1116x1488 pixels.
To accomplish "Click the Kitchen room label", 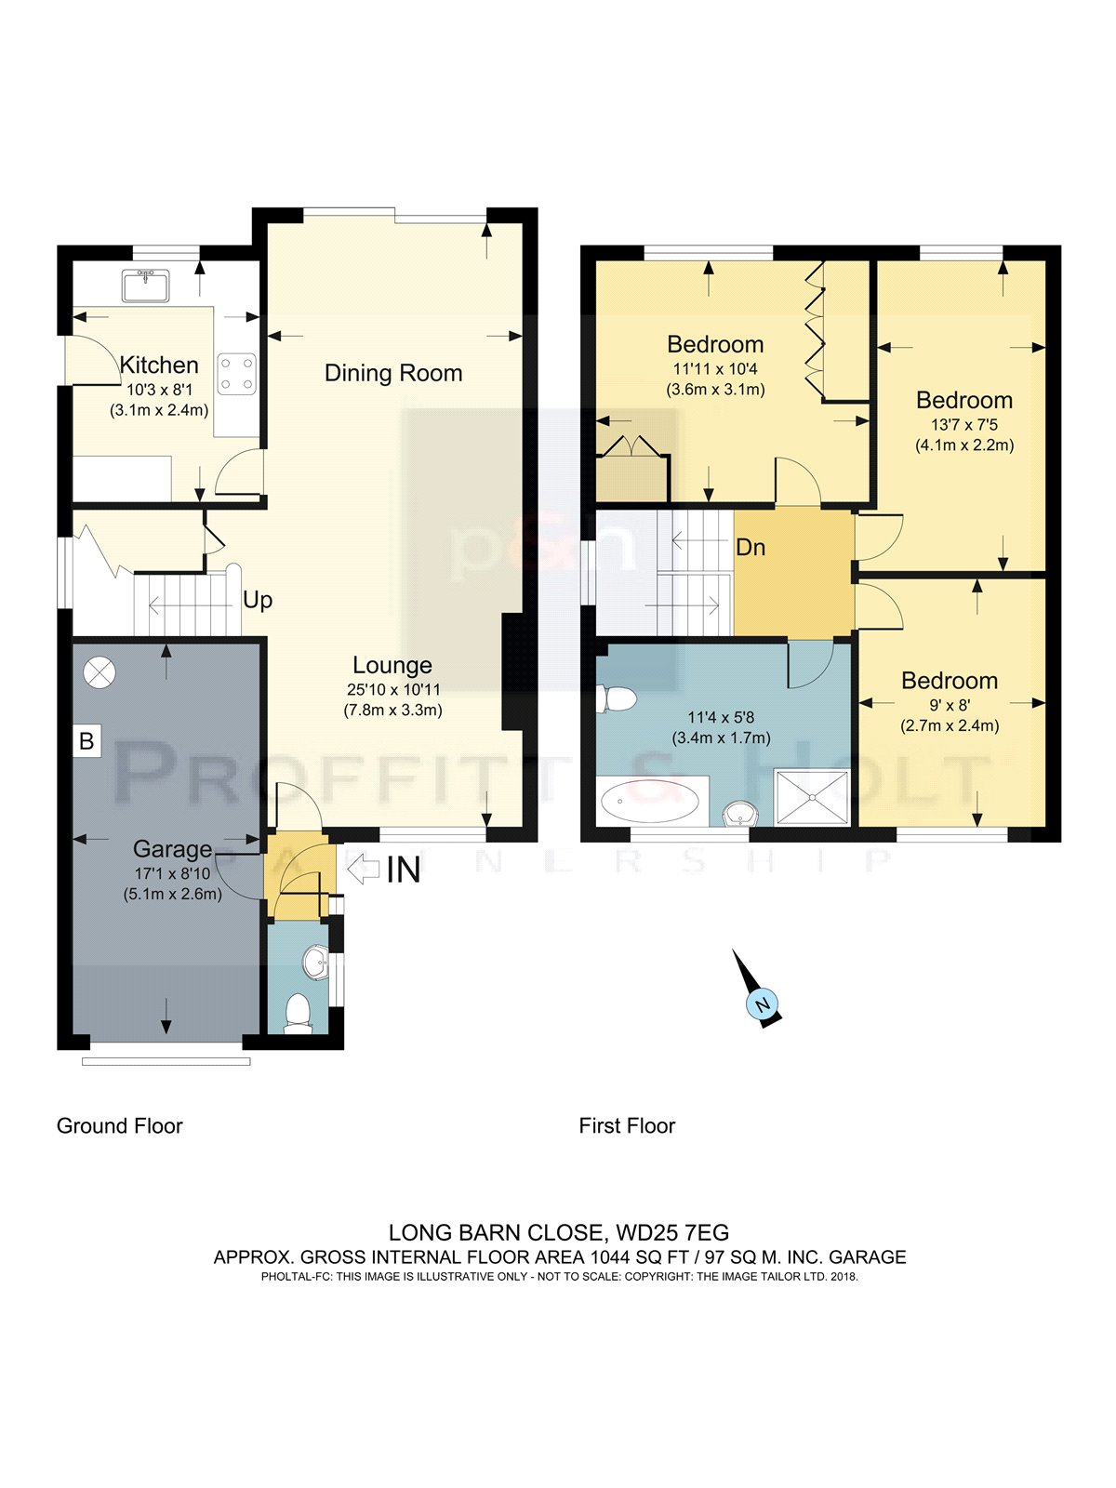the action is [159, 365].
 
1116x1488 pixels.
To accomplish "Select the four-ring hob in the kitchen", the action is [236, 374].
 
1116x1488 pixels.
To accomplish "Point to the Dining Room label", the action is [393, 373].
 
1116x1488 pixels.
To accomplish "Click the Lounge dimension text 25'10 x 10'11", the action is [393, 689].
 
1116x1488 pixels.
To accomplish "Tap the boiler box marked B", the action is [86, 741].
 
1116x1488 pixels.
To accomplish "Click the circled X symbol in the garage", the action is [100, 673].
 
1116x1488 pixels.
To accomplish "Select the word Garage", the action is [172, 849].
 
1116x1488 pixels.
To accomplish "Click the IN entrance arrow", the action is [364, 870].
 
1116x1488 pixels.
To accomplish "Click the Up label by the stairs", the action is [258, 601].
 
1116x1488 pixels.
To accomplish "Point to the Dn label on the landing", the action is [751, 547].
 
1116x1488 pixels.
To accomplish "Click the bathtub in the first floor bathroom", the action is [650, 802].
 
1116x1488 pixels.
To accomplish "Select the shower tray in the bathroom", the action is [811, 797].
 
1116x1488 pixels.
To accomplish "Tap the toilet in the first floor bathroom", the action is [616, 699].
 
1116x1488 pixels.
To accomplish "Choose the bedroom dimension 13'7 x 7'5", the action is [964, 425].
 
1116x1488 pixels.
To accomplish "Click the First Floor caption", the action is [627, 1126].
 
